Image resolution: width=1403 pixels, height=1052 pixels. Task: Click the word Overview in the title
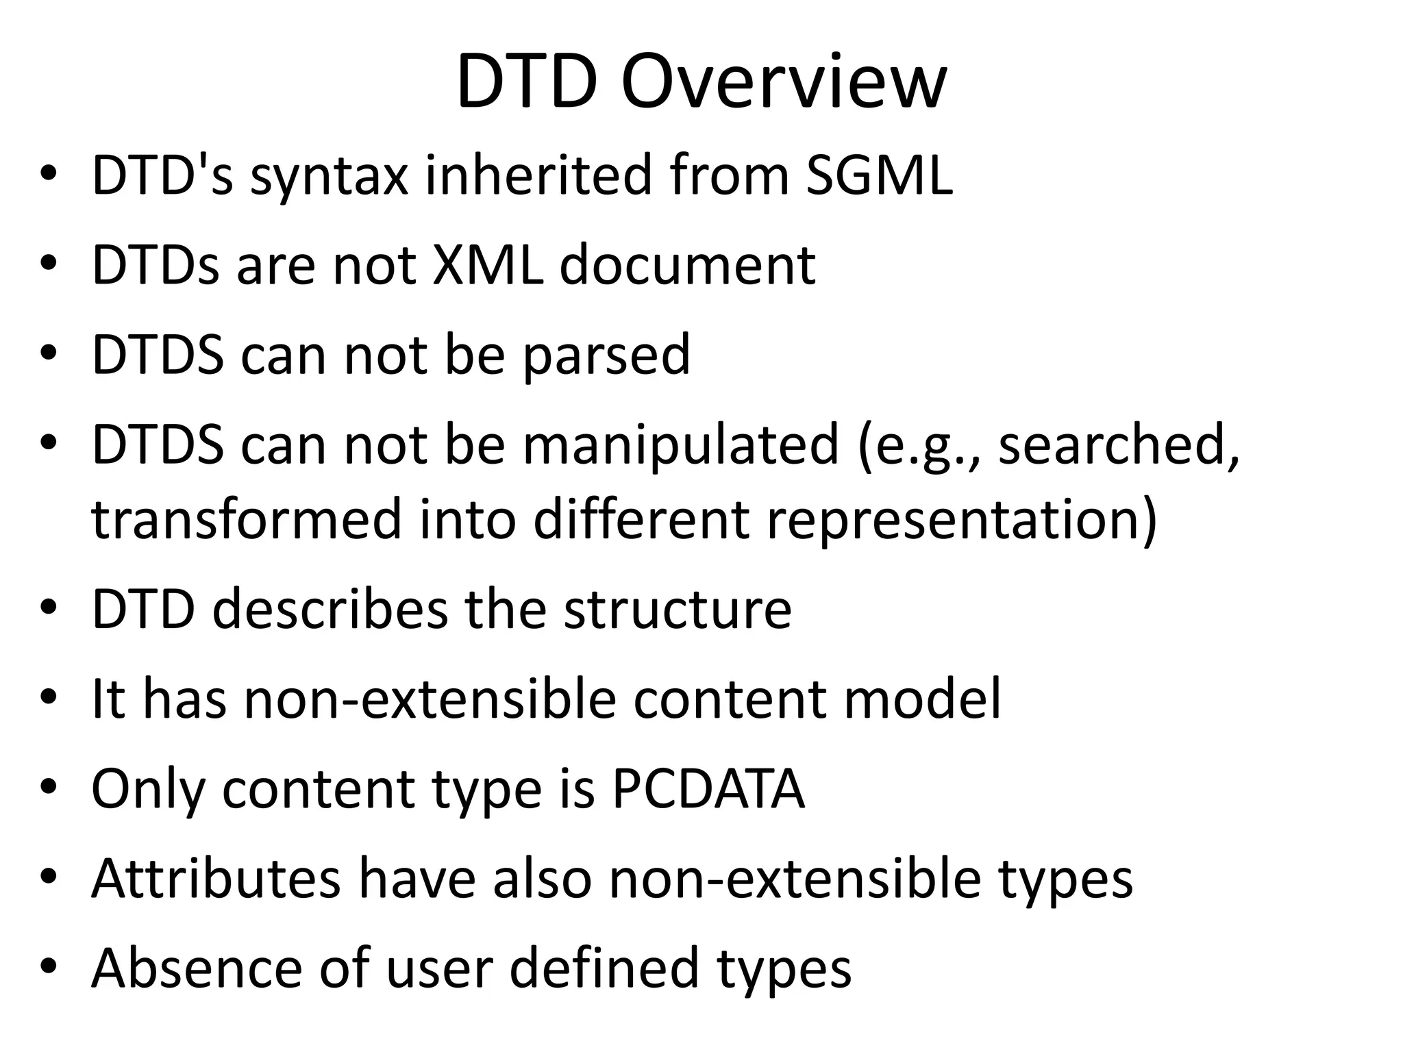(x=784, y=84)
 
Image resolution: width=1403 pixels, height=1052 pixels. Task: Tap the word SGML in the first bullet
(x=878, y=175)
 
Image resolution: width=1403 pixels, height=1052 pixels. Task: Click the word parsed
(x=606, y=355)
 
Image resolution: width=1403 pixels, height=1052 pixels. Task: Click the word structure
(x=677, y=609)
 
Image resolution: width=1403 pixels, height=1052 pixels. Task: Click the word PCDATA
(x=708, y=789)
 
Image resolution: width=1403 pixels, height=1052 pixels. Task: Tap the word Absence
(x=197, y=968)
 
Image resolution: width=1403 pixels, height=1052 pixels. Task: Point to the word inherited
(x=538, y=175)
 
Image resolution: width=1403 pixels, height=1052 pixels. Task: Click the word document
(x=687, y=265)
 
